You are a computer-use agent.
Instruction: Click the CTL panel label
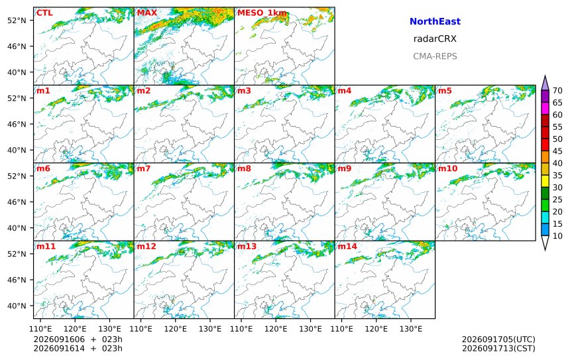coord(44,13)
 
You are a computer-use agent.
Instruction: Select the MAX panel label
coord(147,13)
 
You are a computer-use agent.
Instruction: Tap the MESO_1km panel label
coord(262,13)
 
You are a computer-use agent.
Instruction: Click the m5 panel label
coord(445,91)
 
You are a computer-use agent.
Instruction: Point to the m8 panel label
coord(244,168)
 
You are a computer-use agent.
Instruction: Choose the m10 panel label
coord(447,168)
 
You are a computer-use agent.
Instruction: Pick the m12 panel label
coord(146,246)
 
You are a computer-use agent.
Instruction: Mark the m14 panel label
coord(347,246)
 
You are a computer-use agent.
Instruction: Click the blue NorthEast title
coord(435,21)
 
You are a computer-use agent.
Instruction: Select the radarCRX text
coord(435,39)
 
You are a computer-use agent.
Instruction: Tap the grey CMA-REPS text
coord(435,56)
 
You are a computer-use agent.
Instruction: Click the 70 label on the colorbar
coord(557,91)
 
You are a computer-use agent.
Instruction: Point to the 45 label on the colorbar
coord(557,151)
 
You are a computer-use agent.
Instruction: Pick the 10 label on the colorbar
coord(557,236)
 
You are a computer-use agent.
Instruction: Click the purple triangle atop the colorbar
coord(545,83)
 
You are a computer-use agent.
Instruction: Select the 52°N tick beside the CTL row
coord(17,21)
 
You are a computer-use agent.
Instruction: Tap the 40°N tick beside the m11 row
coord(17,306)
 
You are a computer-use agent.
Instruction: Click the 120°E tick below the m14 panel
coord(376,329)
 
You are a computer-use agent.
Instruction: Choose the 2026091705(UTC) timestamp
coord(498,339)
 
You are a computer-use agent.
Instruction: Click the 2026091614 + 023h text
coord(78,348)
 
